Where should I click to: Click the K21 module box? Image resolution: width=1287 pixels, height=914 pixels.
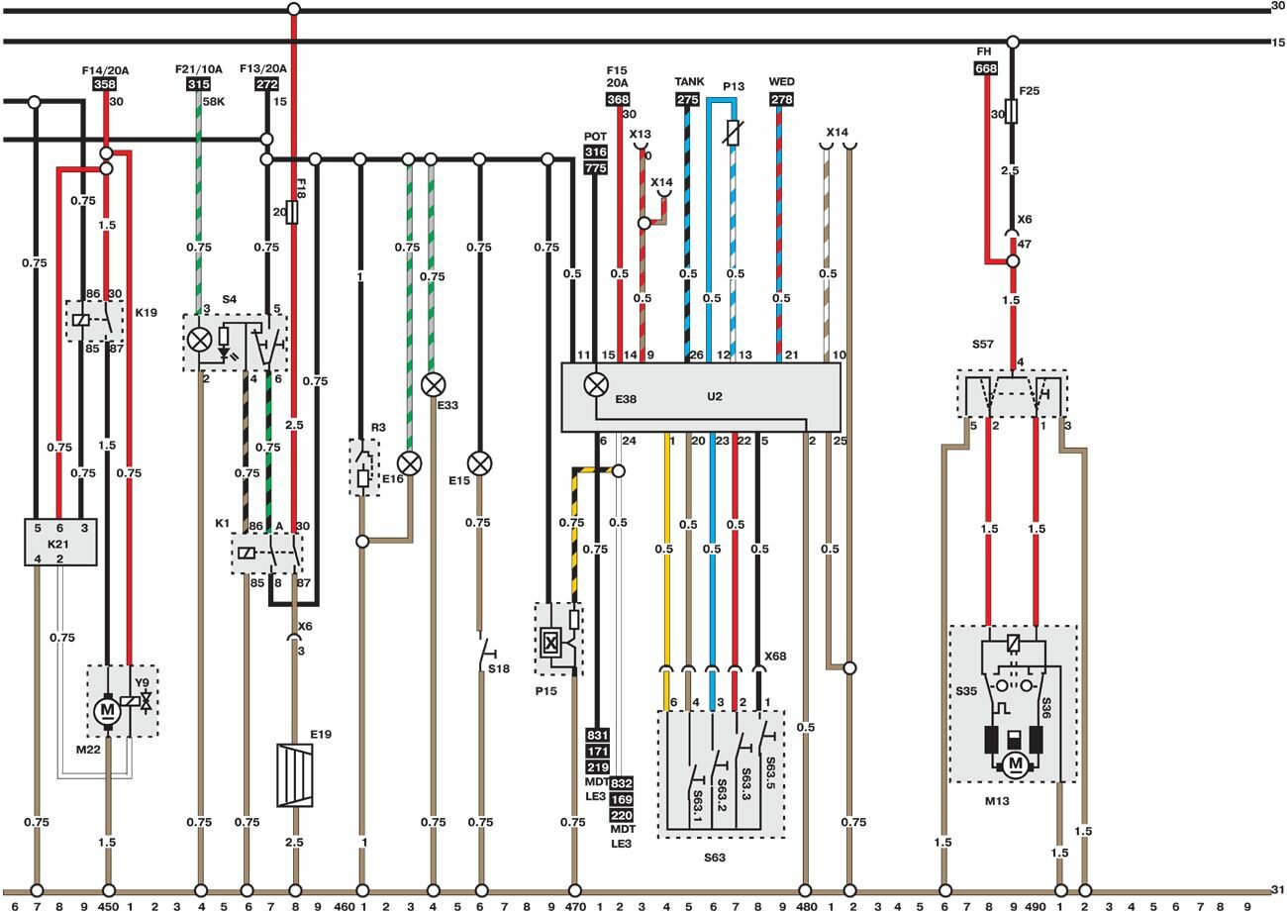click(x=60, y=542)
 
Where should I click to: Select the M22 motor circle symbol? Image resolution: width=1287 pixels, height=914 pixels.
click(x=106, y=710)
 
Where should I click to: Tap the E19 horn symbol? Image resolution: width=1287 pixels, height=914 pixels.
click(x=294, y=775)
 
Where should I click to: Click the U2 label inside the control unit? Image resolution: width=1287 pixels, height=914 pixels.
click(x=715, y=396)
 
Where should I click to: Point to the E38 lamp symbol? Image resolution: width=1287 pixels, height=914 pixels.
click(x=596, y=384)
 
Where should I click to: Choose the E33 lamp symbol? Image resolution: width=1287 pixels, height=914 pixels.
click(x=433, y=384)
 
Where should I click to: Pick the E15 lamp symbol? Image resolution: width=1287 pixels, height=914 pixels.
click(x=480, y=462)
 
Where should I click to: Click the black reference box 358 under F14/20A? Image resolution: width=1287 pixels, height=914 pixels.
click(x=105, y=85)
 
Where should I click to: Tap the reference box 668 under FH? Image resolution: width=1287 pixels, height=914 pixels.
click(x=985, y=68)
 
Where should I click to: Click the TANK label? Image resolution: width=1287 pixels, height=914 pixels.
click(x=688, y=82)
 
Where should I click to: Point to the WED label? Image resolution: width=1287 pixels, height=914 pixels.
click(x=781, y=82)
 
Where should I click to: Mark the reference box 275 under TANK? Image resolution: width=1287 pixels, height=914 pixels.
click(x=687, y=99)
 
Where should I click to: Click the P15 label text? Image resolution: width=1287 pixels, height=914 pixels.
click(x=546, y=691)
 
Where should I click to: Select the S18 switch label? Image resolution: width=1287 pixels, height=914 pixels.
click(x=498, y=669)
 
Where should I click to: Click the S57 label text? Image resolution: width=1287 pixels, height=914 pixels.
click(x=982, y=345)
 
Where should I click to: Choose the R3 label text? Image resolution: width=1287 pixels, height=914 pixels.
click(x=378, y=428)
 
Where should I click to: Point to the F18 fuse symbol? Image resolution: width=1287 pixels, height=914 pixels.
click(x=292, y=212)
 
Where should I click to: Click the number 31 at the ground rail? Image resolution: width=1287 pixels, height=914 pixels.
click(x=1277, y=888)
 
